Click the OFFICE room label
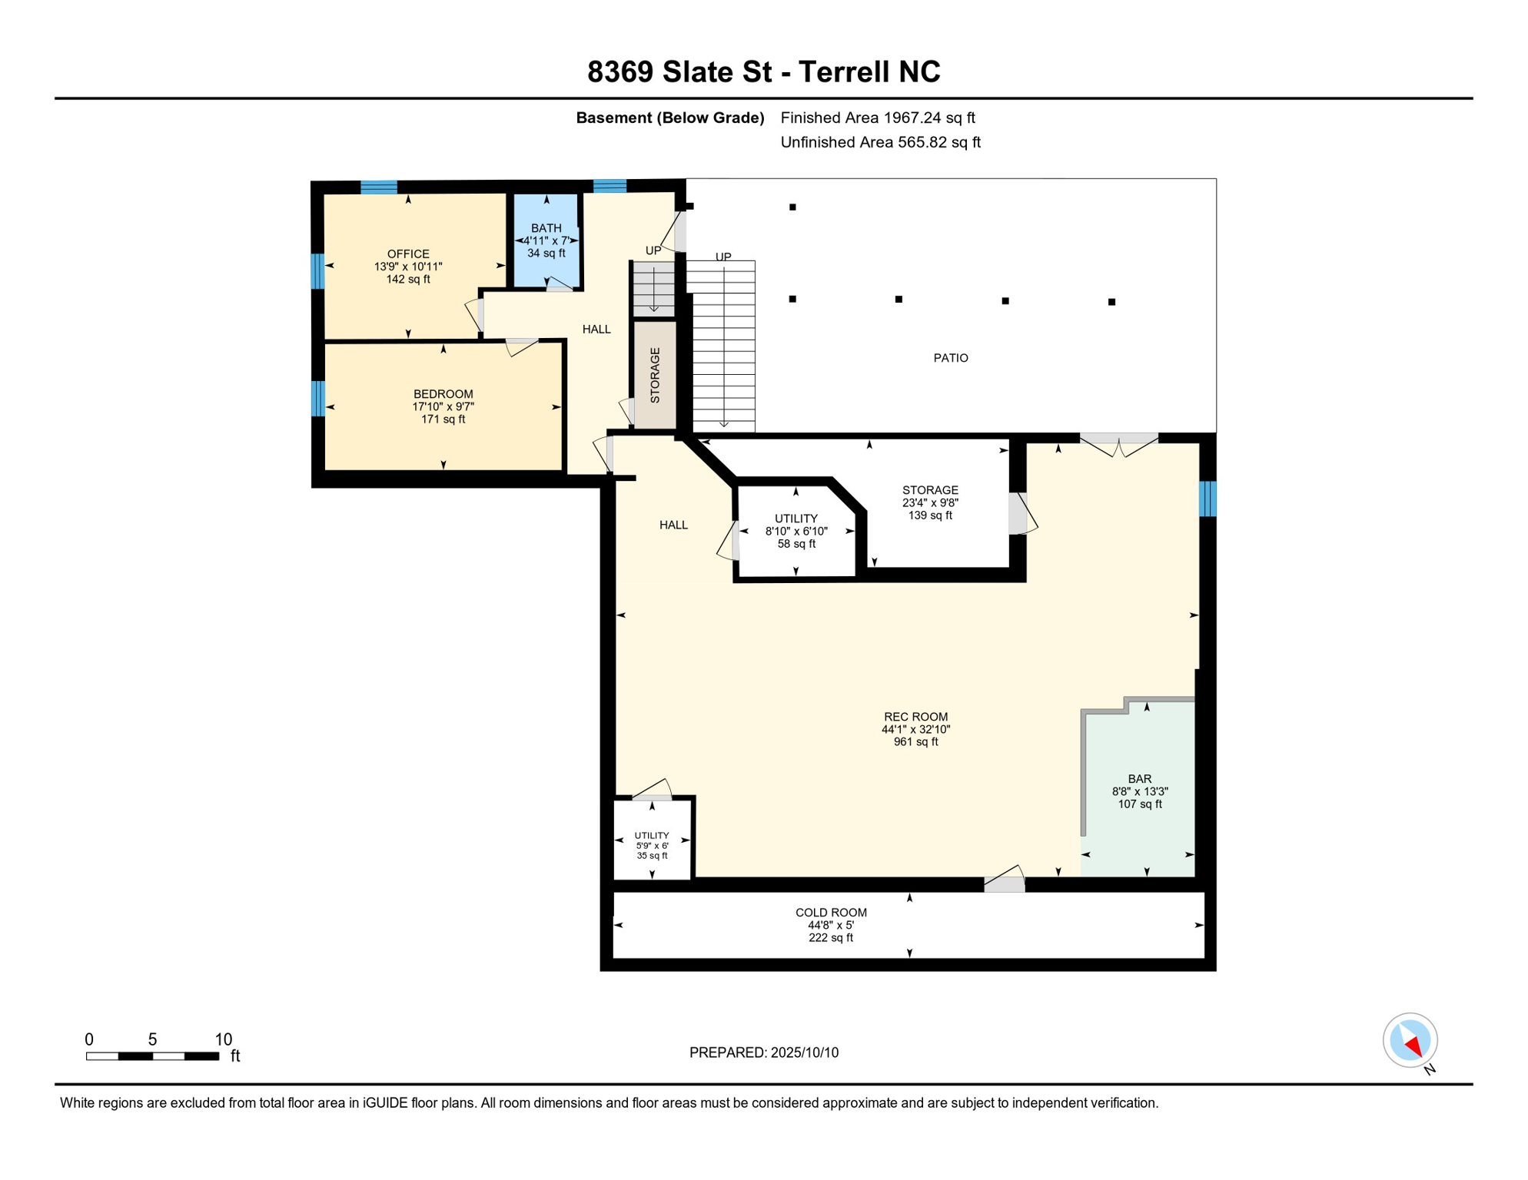pos(408,254)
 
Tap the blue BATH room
pos(546,240)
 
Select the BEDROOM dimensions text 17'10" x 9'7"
pos(443,406)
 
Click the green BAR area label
pos(1139,779)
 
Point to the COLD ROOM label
pos(831,913)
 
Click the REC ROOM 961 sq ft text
pos(915,742)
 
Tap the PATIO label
pos(951,358)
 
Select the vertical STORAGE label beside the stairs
pos(655,375)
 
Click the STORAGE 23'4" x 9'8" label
pos(930,502)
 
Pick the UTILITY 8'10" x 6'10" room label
pos(796,531)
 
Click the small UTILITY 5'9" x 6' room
pos(652,845)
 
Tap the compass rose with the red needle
pos(1410,1041)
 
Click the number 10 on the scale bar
pos(223,1039)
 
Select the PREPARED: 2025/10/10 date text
pos(763,1052)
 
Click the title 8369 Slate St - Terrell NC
pos(763,71)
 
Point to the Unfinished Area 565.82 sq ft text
pos(880,142)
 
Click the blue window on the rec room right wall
pos(1207,499)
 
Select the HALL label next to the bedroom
pos(596,330)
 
